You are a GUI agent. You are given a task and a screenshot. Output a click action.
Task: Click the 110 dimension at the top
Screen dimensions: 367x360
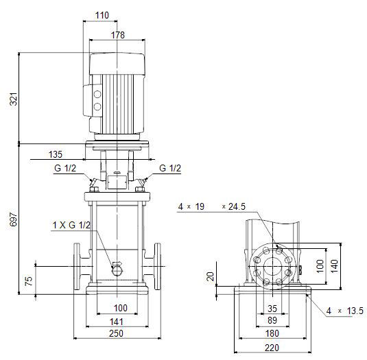pyautogui.click(x=102, y=16)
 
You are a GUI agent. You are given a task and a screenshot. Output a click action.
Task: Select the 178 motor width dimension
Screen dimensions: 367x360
pyautogui.click(x=118, y=35)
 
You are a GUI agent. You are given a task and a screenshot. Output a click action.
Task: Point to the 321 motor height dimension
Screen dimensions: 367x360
pyautogui.click(x=14, y=99)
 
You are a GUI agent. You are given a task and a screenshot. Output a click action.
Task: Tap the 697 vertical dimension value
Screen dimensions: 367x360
pyautogui.click(x=14, y=219)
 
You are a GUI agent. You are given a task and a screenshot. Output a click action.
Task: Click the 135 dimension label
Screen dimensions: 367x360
pyautogui.click(x=56, y=154)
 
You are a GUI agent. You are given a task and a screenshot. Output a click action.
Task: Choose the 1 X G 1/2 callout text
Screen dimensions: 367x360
pyautogui.click(x=71, y=225)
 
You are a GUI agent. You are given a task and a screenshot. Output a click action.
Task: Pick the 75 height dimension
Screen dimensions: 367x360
pyautogui.click(x=29, y=281)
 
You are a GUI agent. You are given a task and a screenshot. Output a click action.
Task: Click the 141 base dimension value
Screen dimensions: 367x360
pyautogui.click(x=117, y=322)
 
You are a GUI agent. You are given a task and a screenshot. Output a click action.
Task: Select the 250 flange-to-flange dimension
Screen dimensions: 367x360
pyautogui.click(x=116, y=333)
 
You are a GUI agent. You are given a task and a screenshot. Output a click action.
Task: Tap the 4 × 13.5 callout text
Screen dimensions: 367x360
pyautogui.click(x=345, y=311)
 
